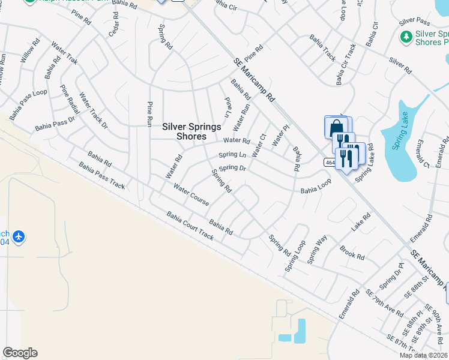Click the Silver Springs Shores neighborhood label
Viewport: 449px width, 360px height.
click(x=191, y=131)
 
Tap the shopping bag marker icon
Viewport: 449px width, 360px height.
click(x=335, y=128)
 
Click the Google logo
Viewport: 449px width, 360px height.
click(x=20, y=353)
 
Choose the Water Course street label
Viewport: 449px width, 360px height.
click(x=191, y=194)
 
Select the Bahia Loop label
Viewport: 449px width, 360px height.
click(x=316, y=190)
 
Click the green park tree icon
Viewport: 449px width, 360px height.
click(x=406, y=37)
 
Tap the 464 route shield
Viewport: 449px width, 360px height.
click(x=330, y=162)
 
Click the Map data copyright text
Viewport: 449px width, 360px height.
click(x=423, y=355)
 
